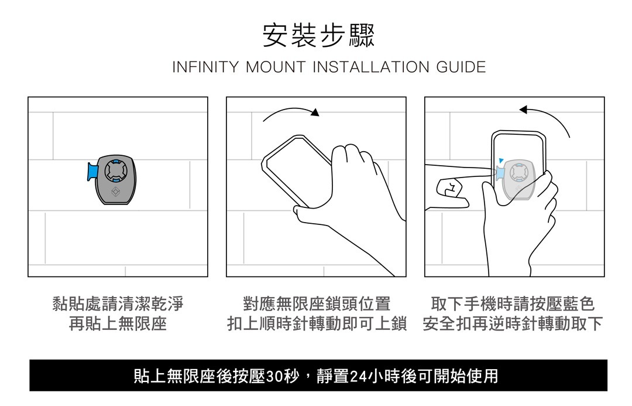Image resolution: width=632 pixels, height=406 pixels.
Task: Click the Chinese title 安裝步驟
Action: tap(318, 36)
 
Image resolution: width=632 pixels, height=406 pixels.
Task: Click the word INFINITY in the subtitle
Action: tap(205, 67)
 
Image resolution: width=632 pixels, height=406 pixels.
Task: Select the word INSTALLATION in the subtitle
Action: tap(371, 67)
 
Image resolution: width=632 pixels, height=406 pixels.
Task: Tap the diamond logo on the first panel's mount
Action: tap(116, 192)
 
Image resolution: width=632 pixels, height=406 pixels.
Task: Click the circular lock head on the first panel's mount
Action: tap(115, 171)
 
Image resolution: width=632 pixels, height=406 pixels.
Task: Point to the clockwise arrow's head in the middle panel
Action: tap(315, 112)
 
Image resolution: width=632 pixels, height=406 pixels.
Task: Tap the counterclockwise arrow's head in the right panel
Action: tap(524, 110)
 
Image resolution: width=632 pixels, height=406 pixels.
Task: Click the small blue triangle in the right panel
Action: tap(500, 161)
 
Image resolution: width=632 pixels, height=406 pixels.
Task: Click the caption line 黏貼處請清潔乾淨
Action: tap(118, 304)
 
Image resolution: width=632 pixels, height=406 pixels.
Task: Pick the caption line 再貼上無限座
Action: tap(118, 323)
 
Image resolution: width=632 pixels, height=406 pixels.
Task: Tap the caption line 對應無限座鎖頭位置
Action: tap(317, 304)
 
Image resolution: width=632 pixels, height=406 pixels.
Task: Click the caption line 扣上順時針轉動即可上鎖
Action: tap(317, 323)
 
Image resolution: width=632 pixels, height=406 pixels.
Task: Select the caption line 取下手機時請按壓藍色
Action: tap(513, 304)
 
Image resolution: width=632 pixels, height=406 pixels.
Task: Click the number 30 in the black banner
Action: tap(274, 376)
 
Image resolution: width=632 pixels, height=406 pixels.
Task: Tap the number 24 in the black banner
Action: tap(358, 376)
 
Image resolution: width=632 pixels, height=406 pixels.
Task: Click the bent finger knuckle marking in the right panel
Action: tap(449, 187)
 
